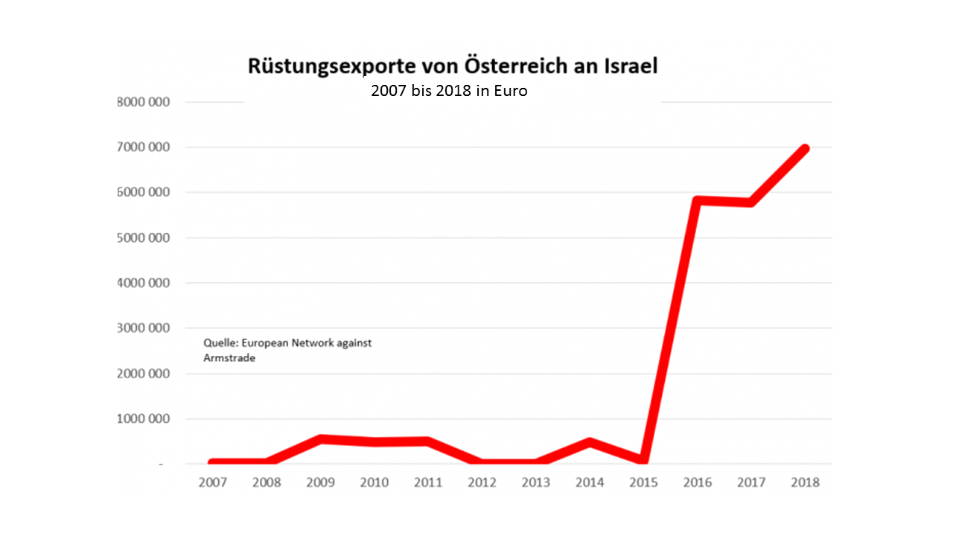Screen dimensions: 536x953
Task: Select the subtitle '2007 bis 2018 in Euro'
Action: point(449,92)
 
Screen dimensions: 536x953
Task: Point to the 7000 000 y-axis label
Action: point(144,147)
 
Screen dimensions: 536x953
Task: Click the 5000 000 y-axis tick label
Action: point(144,238)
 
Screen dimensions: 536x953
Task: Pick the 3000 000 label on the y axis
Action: point(144,328)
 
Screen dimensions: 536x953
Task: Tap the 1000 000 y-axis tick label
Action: point(144,419)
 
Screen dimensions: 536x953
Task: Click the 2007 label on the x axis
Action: point(213,482)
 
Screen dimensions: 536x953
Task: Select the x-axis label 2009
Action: point(320,482)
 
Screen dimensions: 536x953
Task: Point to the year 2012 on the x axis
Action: point(482,482)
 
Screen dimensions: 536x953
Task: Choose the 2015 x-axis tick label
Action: point(643,482)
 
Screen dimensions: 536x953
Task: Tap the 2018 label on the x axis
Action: point(805,482)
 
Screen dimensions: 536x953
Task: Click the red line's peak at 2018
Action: point(805,149)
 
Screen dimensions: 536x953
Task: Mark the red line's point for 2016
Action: point(697,201)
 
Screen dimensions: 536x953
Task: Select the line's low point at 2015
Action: point(643,461)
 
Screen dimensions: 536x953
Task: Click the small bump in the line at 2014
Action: point(590,442)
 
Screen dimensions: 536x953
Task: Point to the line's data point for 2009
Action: point(320,439)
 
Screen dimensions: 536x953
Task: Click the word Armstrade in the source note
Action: point(229,358)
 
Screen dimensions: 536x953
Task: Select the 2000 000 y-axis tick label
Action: point(144,374)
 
